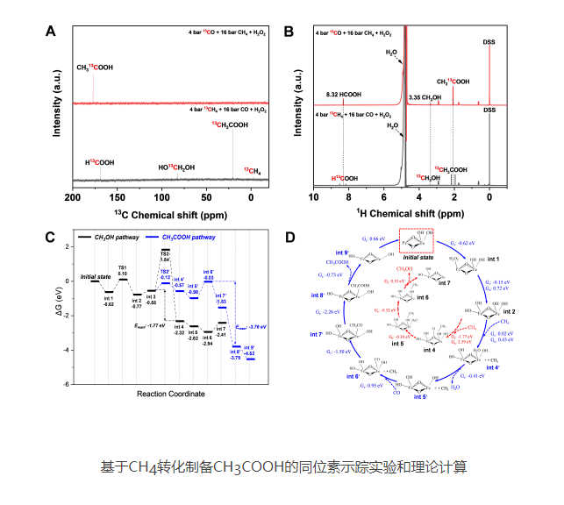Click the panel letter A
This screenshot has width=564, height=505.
point(51,32)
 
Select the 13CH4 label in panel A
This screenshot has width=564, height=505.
point(252,168)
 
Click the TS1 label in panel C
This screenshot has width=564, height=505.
point(123,267)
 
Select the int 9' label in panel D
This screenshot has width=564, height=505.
point(342,253)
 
